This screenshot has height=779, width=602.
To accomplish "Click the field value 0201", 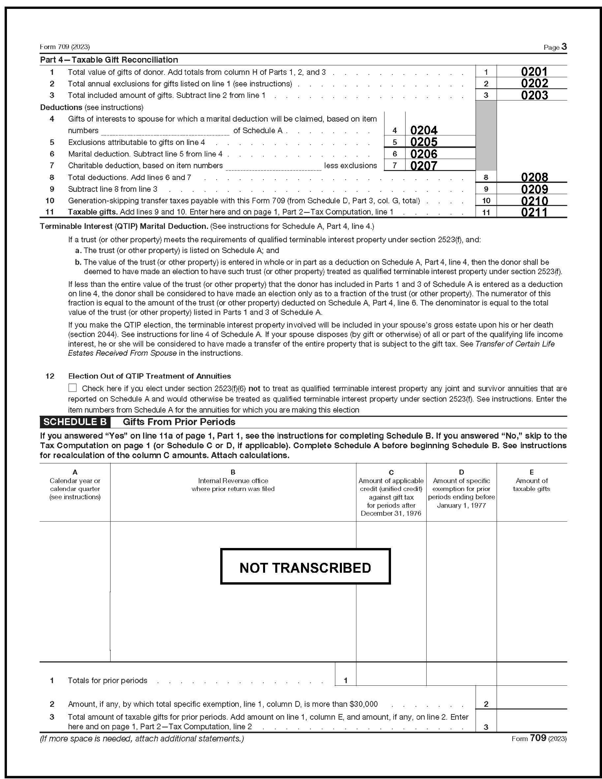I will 534,72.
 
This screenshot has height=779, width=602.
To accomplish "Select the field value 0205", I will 424,142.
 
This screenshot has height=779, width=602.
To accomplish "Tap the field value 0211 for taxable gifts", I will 534,212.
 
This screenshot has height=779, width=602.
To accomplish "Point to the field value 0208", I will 534,177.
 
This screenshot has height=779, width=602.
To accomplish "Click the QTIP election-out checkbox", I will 73,388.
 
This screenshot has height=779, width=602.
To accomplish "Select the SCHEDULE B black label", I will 75,422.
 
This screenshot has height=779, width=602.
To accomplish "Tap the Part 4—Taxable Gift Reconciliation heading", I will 109,60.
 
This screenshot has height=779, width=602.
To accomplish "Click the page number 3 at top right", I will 564,47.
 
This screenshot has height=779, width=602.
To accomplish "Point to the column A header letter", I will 75,472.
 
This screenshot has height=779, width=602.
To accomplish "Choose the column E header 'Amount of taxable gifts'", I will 531,484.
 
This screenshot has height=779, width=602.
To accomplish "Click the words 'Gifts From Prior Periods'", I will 179,422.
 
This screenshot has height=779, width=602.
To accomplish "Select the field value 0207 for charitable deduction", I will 424,165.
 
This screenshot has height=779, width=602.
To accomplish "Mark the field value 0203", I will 534,95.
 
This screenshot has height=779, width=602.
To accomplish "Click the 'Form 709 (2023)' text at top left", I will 65,47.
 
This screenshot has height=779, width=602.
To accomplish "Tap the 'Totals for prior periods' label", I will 107,680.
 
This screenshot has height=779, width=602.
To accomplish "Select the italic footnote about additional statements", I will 142,739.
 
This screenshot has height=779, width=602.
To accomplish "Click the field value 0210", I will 534,200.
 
